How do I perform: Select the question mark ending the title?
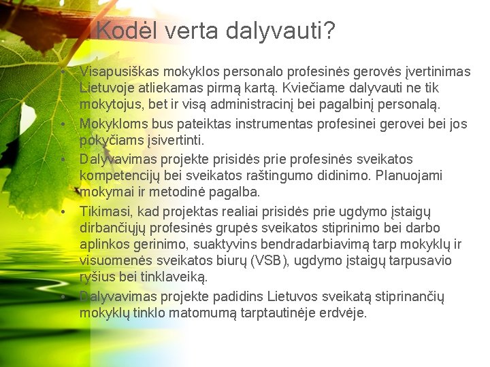(x=329, y=31)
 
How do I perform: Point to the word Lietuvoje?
(x=108, y=88)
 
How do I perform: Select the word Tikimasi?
(x=102, y=211)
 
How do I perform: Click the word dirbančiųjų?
(x=116, y=228)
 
